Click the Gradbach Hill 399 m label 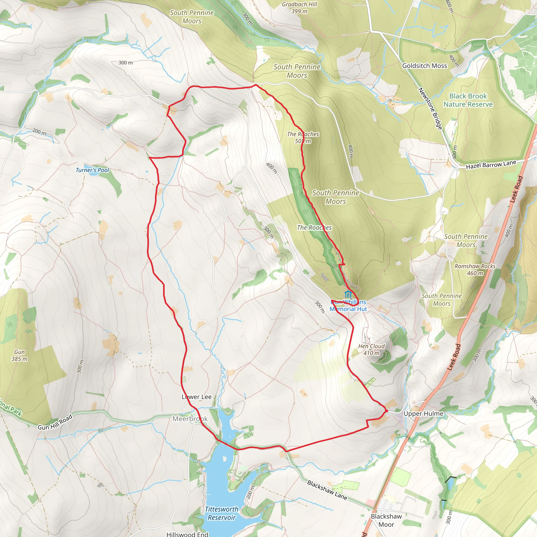299,8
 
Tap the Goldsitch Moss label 425,66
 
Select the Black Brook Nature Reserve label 468,100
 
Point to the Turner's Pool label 92,170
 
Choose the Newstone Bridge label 430,108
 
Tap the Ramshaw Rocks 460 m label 475,270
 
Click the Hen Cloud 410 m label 371,349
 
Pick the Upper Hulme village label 423,413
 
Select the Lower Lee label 196,397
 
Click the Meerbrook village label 190,418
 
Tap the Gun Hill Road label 55,422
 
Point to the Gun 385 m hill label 19,355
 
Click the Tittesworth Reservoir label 222,513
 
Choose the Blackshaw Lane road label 327,490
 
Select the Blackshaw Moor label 386,520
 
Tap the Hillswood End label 187,534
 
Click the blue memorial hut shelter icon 348,294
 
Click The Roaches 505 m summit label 303,137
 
